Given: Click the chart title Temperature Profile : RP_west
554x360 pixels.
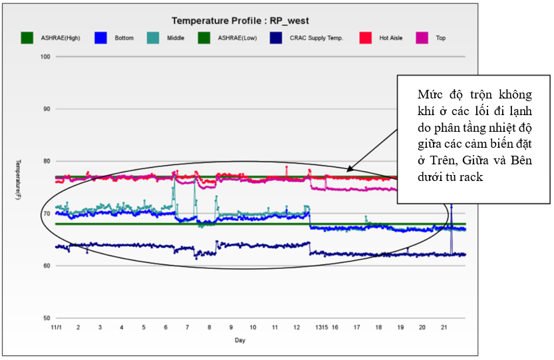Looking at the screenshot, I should click(241, 21).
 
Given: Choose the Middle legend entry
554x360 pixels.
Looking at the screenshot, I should click(177, 38).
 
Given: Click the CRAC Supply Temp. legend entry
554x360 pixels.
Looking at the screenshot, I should click(316, 38).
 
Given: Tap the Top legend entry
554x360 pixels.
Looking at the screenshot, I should click(440, 38).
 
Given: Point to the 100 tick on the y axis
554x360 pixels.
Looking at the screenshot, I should click(45, 57).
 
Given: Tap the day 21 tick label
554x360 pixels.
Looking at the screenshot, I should click(444, 327).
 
